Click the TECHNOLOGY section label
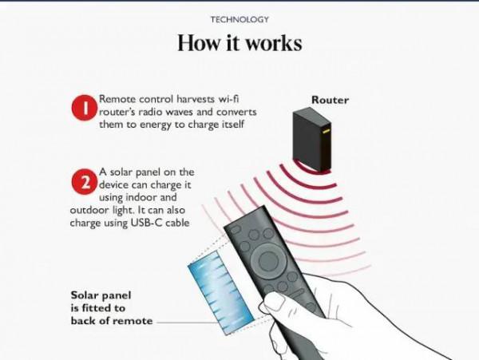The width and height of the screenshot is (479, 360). tap(239, 19)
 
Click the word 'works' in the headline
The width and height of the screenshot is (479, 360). tap(274, 43)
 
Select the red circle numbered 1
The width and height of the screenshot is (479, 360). tap(85, 108)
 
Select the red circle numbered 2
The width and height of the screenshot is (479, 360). tap(85, 182)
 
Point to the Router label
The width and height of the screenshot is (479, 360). tap(330, 100)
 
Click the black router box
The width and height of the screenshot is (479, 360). tap(311, 139)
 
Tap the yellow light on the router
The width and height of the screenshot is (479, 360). tap(325, 132)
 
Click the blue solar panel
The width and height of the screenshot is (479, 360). tap(220, 292)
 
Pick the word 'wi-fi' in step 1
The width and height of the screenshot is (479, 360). tap(228, 99)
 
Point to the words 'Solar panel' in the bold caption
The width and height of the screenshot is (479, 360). tap(101, 295)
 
